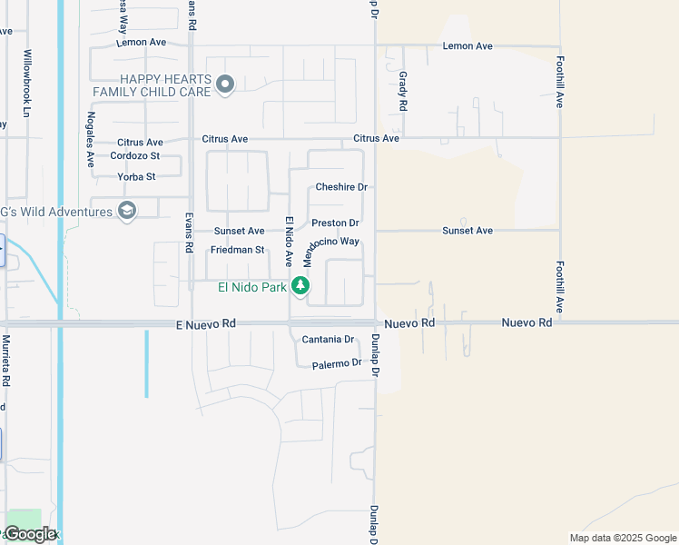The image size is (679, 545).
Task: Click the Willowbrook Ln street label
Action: (x=27, y=83)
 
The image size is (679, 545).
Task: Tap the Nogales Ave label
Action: (x=91, y=140)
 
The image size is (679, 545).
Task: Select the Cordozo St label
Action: (x=135, y=155)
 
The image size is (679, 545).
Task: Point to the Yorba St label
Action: (x=138, y=176)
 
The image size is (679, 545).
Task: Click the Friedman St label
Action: (x=237, y=250)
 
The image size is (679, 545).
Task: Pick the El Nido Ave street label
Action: (x=289, y=242)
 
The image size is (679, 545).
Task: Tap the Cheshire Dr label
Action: (x=340, y=187)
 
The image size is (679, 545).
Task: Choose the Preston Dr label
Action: (x=335, y=223)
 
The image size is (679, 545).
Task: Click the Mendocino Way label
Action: (x=331, y=250)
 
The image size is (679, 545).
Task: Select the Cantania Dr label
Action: (x=328, y=340)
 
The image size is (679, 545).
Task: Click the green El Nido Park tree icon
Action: (x=300, y=287)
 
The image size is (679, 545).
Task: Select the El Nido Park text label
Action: (x=252, y=288)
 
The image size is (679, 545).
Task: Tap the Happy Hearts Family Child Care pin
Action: (x=226, y=85)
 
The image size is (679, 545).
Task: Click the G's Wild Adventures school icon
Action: (x=127, y=212)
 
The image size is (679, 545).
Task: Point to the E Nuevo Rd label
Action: (x=205, y=323)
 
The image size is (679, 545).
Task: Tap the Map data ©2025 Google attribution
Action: (x=622, y=538)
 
